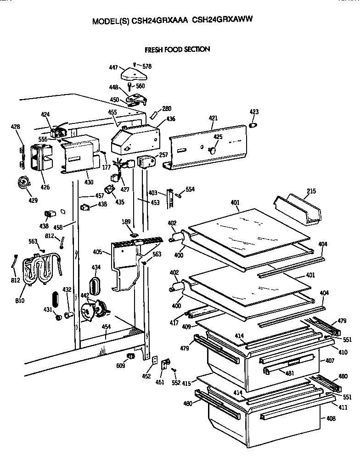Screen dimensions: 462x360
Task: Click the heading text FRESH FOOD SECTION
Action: (x=177, y=49)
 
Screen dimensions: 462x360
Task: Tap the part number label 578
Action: (x=146, y=66)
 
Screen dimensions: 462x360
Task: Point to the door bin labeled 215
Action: (x=297, y=210)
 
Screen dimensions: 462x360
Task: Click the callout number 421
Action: (x=213, y=118)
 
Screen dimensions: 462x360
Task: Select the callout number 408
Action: (x=330, y=418)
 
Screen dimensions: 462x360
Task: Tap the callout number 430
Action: (x=88, y=182)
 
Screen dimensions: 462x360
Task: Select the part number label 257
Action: (x=163, y=155)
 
